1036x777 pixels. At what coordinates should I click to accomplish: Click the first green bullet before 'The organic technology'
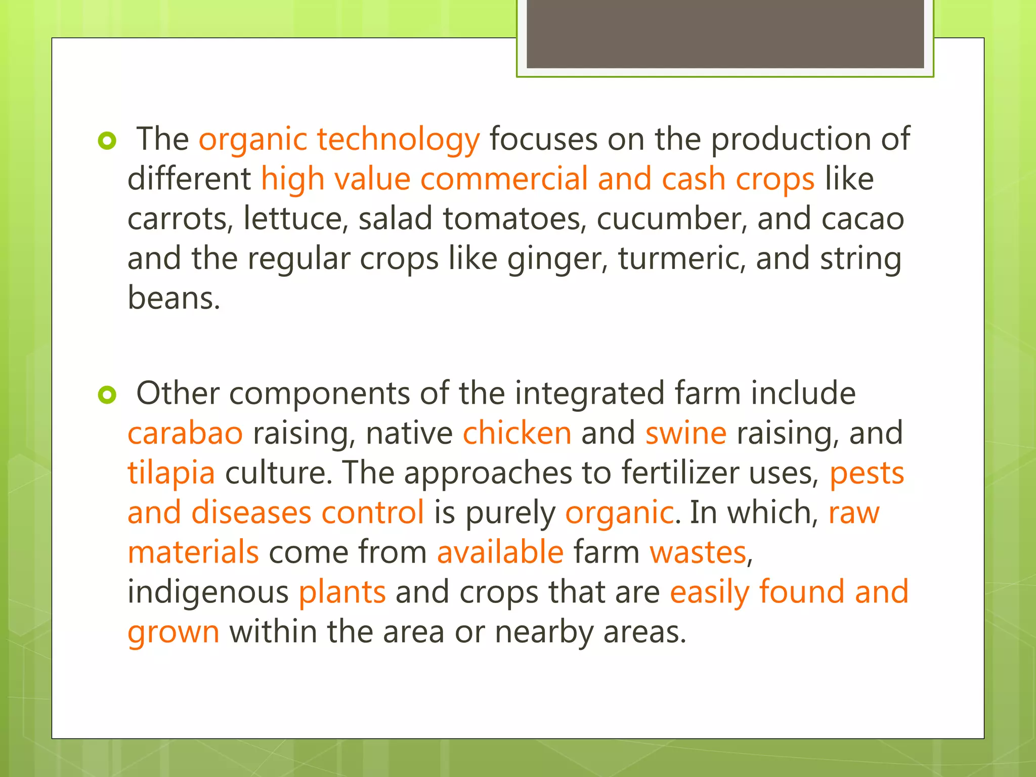point(107,141)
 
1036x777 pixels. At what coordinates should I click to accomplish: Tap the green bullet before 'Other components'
point(107,395)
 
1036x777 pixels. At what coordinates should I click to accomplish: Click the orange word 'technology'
point(398,140)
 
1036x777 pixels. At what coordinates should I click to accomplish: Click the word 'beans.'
point(174,298)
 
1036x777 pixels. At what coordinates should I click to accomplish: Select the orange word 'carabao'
point(185,434)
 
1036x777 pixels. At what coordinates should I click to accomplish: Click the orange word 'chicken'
point(517,434)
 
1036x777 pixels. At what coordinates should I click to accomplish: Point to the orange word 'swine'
point(686,434)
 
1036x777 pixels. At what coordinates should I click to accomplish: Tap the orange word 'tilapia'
point(171,473)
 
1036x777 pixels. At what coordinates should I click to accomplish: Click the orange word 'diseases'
point(251,513)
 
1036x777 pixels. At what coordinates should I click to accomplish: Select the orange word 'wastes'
point(698,552)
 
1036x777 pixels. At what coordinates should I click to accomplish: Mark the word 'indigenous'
point(208,592)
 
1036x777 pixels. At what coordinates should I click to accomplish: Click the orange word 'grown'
point(174,632)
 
